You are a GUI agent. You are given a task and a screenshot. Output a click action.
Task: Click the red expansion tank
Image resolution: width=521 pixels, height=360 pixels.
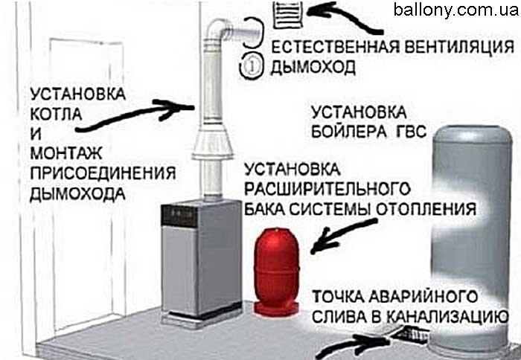tap(276, 271)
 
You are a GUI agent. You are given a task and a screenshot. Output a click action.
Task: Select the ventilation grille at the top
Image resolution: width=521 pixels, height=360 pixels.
tap(288, 15)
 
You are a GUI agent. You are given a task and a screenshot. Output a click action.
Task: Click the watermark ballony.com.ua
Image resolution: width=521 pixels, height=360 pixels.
tap(456, 10)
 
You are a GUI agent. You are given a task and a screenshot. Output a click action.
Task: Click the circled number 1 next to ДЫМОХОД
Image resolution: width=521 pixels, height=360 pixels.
tap(252, 66)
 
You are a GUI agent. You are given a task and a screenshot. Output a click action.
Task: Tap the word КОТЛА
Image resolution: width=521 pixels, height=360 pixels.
tap(56, 114)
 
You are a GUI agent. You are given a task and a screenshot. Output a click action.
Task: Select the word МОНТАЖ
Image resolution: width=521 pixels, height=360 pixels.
tap(65, 153)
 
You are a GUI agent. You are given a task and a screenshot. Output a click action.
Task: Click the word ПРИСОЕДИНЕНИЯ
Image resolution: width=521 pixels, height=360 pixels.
tap(103, 173)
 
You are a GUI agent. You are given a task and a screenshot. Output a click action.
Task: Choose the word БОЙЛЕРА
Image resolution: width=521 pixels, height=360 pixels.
tap(349, 132)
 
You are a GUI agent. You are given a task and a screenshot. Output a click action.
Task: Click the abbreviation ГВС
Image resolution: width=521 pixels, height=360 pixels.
tap(411, 132)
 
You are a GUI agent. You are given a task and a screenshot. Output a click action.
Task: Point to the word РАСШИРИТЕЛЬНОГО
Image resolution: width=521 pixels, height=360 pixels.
tap(327, 189)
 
